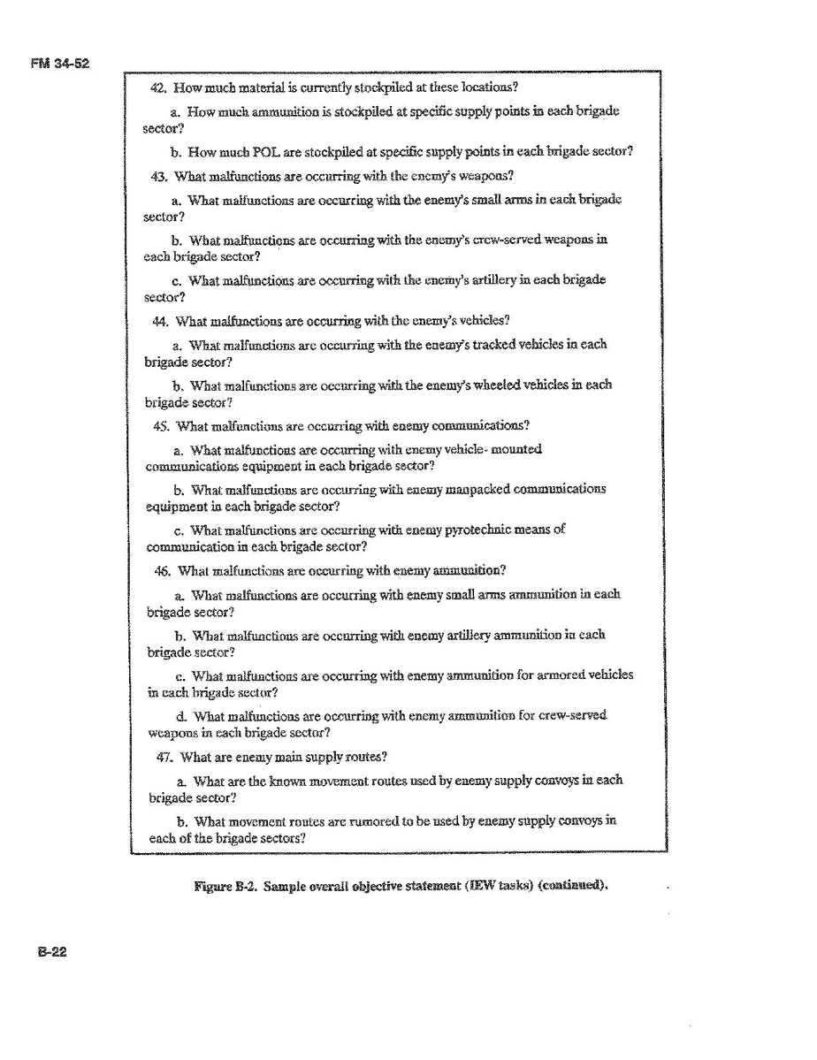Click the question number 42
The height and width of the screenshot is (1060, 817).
point(159,88)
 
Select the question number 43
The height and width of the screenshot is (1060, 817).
point(160,175)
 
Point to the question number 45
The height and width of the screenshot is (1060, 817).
point(163,425)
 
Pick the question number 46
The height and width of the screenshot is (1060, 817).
point(164,570)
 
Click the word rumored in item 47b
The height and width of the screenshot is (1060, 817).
point(379,820)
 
